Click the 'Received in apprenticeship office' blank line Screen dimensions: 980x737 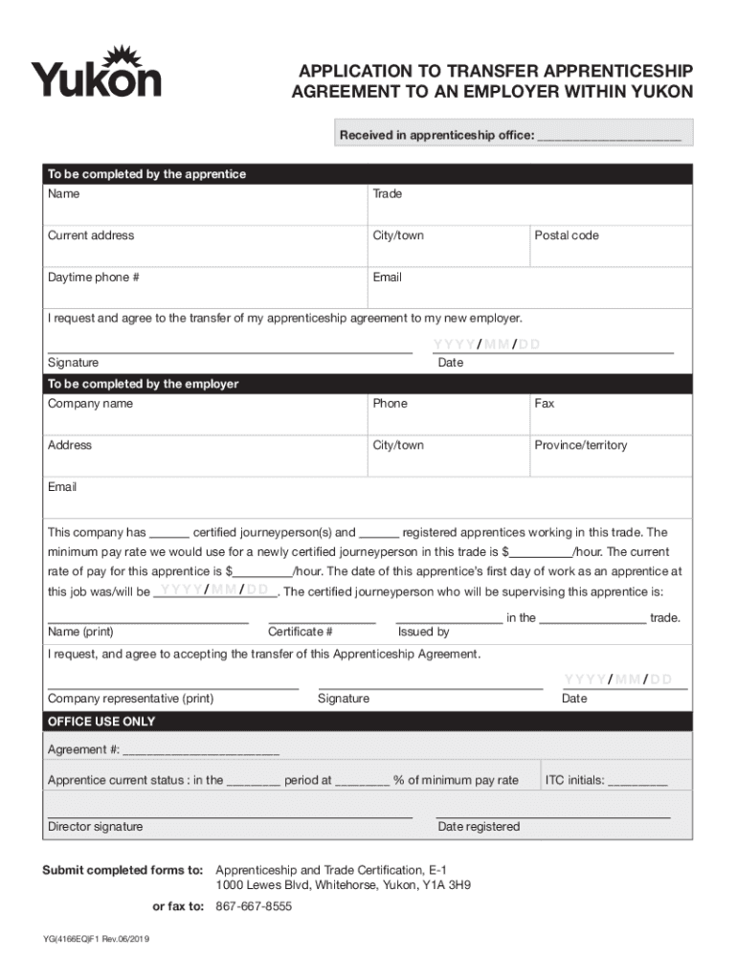(x=609, y=137)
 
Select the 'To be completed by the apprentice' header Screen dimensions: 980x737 (x=147, y=174)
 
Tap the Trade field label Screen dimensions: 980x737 (x=388, y=194)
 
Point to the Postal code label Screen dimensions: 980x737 (x=567, y=235)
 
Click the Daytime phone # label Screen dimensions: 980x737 (x=94, y=278)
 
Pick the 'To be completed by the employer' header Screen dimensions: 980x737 (x=144, y=384)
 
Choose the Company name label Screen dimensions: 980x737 (x=91, y=404)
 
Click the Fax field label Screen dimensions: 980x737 (x=545, y=404)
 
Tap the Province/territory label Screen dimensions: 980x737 (x=581, y=446)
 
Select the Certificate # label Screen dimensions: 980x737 (x=301, y=633)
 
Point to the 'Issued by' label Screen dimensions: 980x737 (x=424, y=633)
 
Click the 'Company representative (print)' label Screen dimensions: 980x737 (x=131, y=699)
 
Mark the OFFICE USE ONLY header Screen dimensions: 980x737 (x=101, y=722)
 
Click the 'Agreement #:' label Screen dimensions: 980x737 (x=83, y=749)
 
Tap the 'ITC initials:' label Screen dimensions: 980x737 (x=575, y=781)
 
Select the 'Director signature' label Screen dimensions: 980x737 (x=96, y=827)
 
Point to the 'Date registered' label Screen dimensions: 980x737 (x=479, y=827)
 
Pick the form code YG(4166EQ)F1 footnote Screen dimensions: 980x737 (x=96, y=940)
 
